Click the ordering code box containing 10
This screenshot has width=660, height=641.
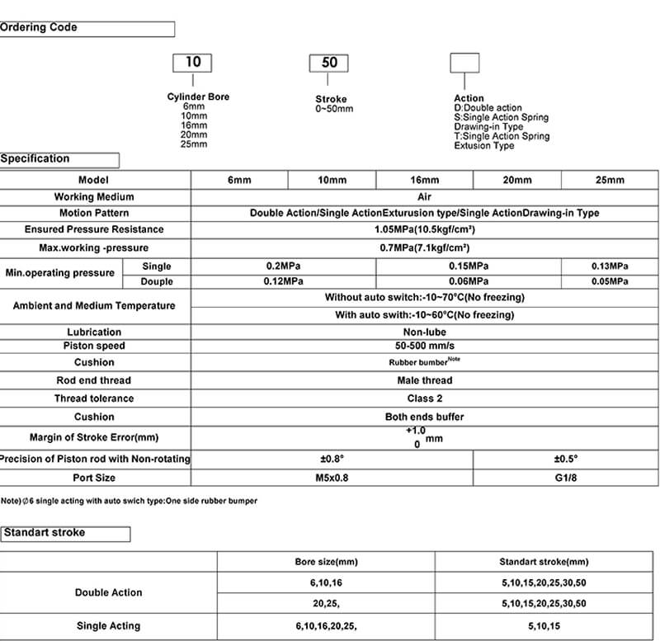pyautogui.click(x=191, y=62)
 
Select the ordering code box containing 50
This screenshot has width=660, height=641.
pyautogui.click(x=328, y=64)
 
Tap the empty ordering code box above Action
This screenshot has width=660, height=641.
pyautogui.click(x=464, y=64)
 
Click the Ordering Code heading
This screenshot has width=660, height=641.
pyautogui.click(x=39, y=28)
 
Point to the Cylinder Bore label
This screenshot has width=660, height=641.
pyautogui.click(x=198, y=97)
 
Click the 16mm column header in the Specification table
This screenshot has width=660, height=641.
pyautogui.click(x=424, y=180)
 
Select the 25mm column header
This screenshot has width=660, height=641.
pyautogui.click(x=610, y=180)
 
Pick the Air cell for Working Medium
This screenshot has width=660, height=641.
pyautogui.click(x=424, y=197)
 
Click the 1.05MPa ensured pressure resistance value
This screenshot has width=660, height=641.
pyautogui.click(x=424, y=229)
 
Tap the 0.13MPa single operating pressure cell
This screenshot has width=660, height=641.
pyautogui.click(x=610, y=266)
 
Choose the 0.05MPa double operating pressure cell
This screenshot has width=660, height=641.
pyautogui.click(x=610, y=281)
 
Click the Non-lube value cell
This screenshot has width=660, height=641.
pyautogui.click(x=424, y=332)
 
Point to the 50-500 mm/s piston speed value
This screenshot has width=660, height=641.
pyautogui.click(x=424, y=346)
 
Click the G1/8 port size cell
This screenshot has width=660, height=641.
pyautogui.click(x=565, y=478)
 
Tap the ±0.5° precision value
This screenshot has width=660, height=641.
pyautogui.click(x=565, y=459)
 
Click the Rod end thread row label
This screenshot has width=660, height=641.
pyautogui.click(x=93, y=380)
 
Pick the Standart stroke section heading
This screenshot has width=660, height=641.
pyautogui.click(x=45, y=533)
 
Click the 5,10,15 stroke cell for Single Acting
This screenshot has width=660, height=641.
pyautogui.click(x=544, y=626)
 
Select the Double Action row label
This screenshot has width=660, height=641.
pyautogui.click(x=108, y=592)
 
